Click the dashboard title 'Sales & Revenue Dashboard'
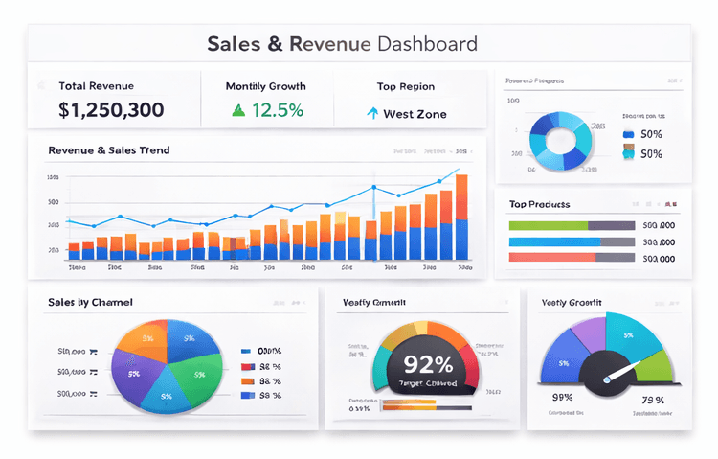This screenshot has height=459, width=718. click(342, 44)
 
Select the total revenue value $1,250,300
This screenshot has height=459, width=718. click(111, 110)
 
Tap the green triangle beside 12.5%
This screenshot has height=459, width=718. click(238, 110)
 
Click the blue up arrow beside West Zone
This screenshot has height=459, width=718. click(372, 113)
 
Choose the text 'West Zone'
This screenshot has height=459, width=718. click(415, 114)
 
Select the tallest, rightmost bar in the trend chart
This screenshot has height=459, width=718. click(462, 217)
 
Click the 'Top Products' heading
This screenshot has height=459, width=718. click(539, 204)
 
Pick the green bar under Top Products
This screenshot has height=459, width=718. click(547, 225)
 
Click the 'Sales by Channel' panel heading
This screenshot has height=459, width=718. click(90, 302)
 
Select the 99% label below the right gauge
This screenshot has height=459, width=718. click(562, 398)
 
